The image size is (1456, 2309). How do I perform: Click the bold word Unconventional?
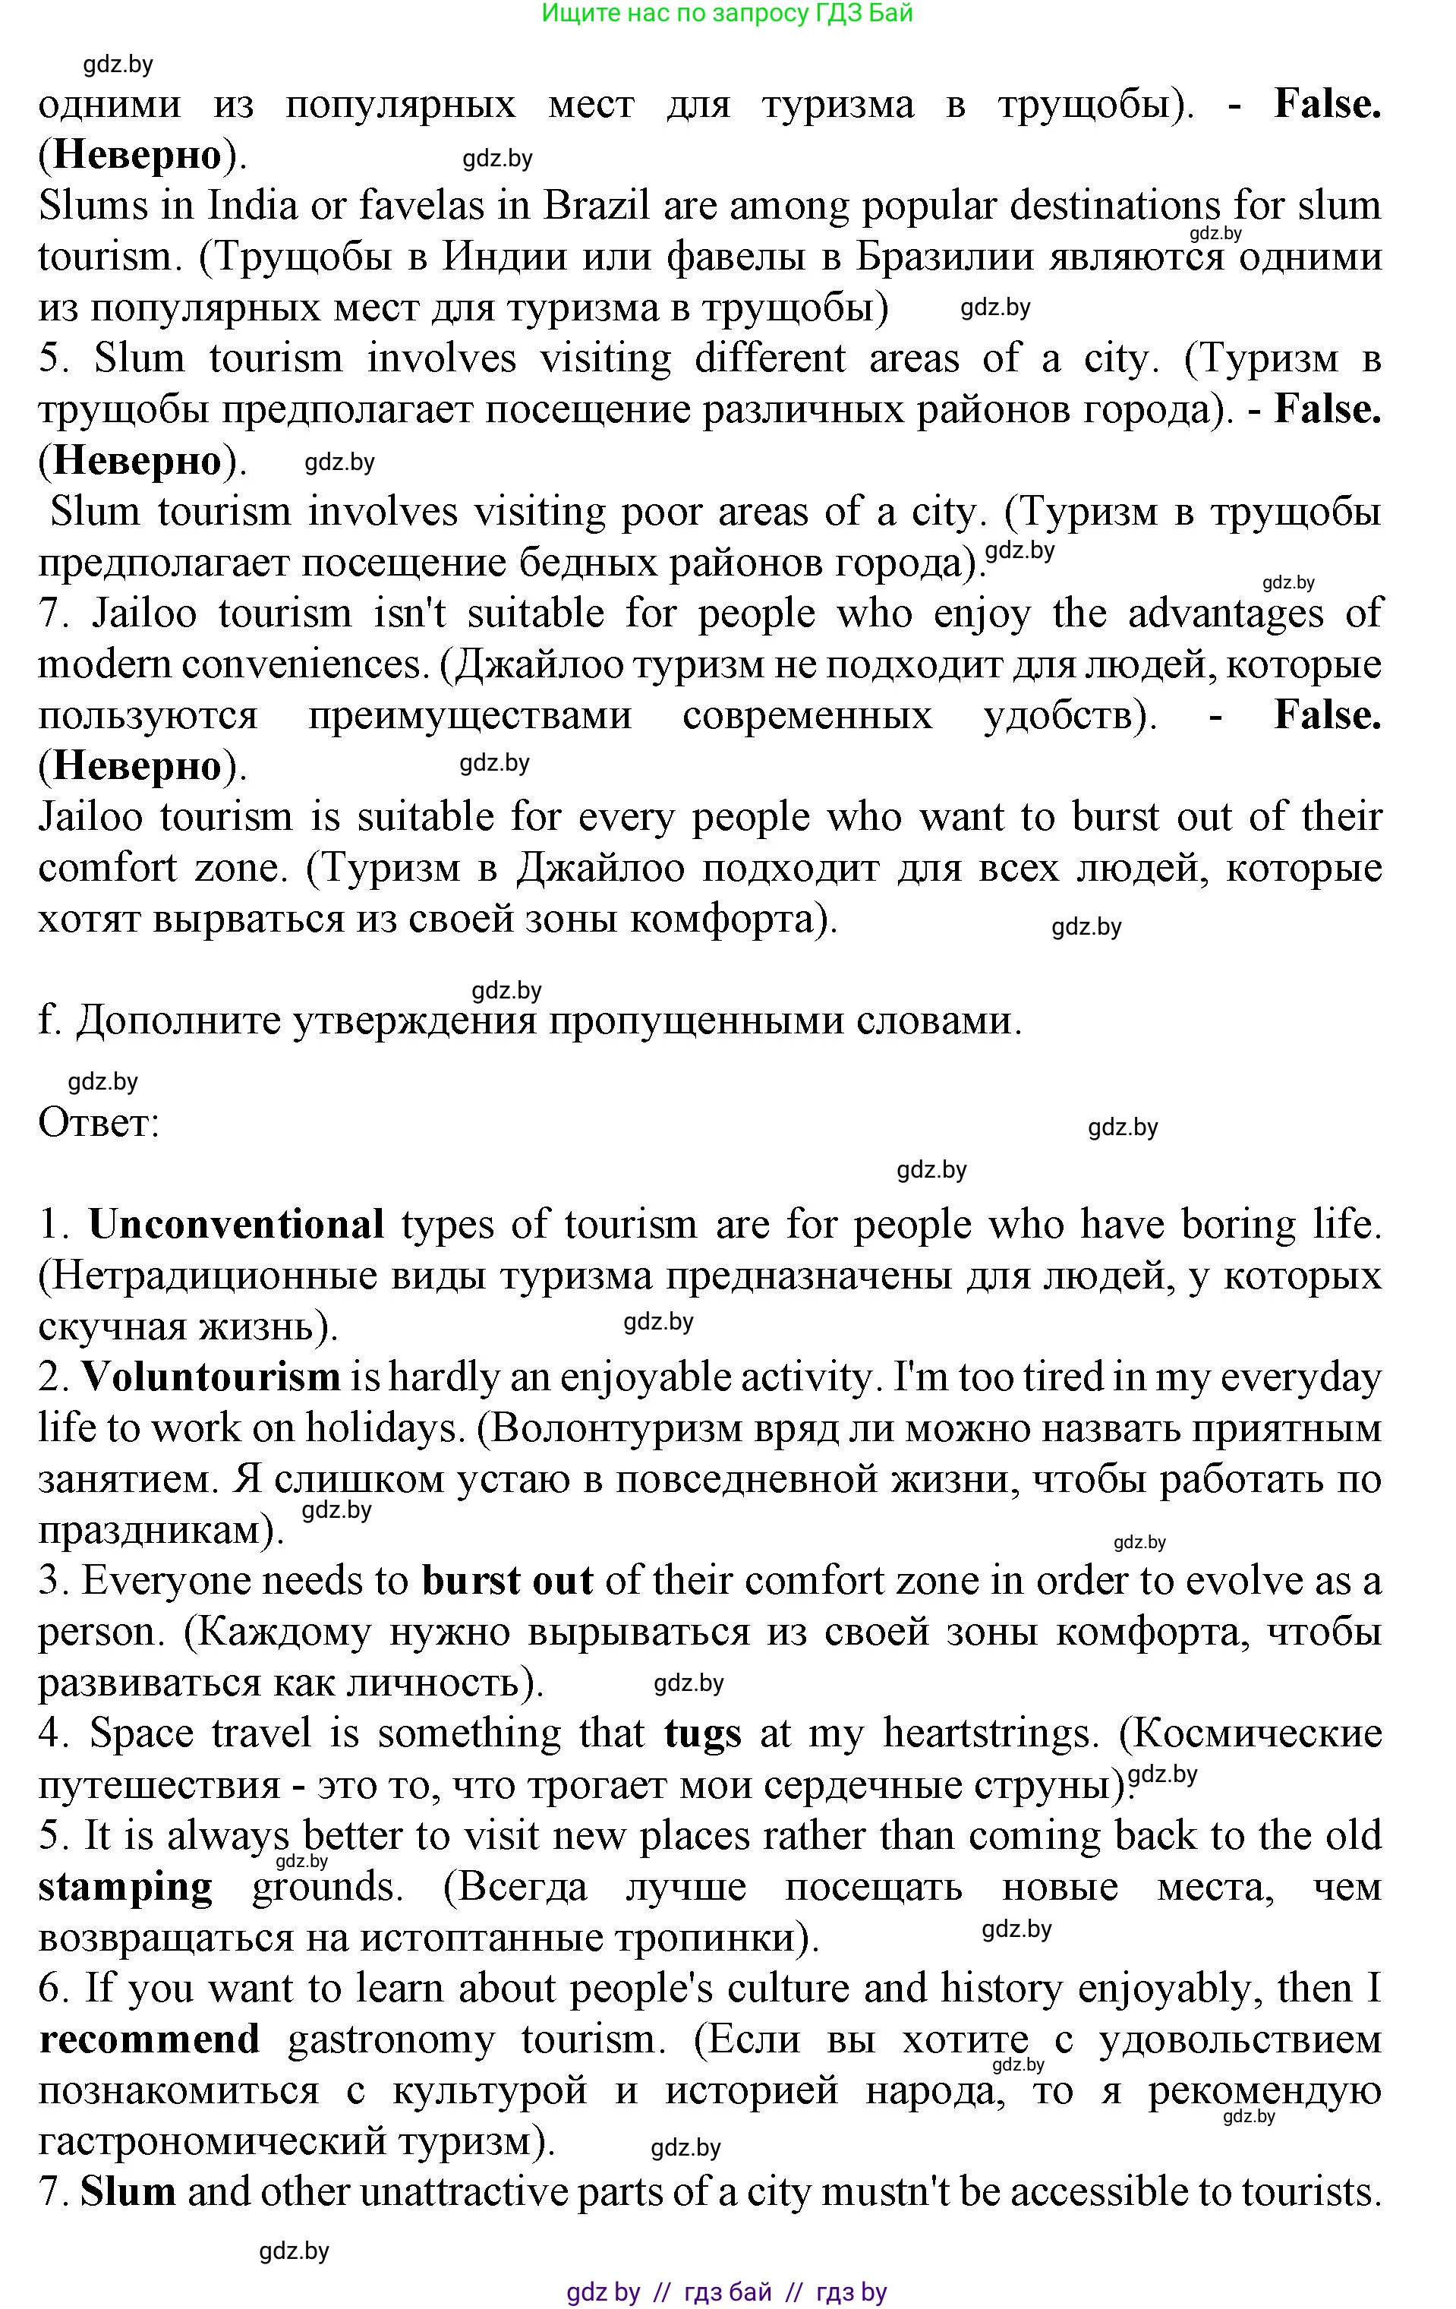point(236,1225)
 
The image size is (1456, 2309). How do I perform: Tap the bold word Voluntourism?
point(210,1377)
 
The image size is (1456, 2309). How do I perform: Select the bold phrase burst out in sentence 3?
point(507,1581)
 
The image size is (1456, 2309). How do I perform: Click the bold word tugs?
point(703,1733)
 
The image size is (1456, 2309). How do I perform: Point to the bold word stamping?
point(125,1887)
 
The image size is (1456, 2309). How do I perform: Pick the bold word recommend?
point(150,2039)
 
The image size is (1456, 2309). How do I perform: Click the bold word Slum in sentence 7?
point(128,2192)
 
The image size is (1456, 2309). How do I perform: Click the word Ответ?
point(99,1123)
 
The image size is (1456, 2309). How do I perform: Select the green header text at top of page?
point(726,14)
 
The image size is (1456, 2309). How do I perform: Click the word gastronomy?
point(391,2039)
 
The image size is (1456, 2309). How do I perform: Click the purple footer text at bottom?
point(726,2292)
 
